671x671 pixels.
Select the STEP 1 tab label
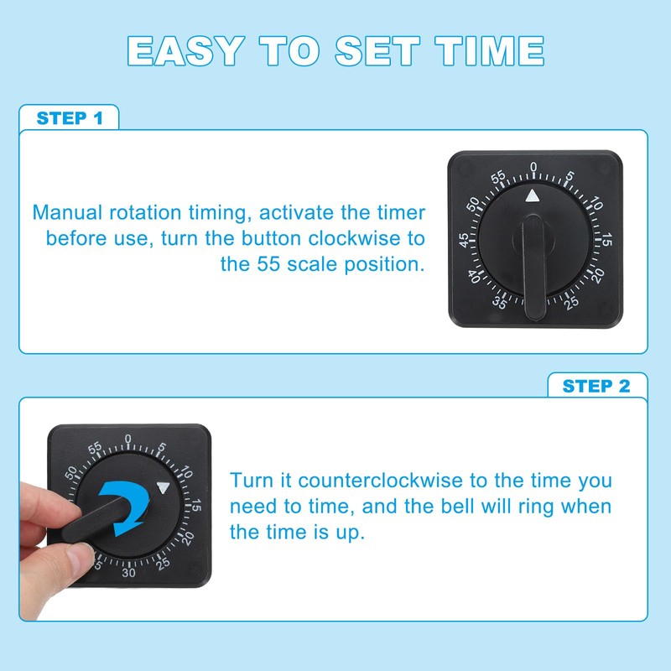coord(70,117)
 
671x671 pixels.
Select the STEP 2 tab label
coord(596,386)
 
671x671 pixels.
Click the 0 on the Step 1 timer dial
coord(533,168)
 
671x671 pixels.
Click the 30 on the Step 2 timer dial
coord(128,573)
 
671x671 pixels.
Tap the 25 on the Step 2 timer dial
coord(164,563)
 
